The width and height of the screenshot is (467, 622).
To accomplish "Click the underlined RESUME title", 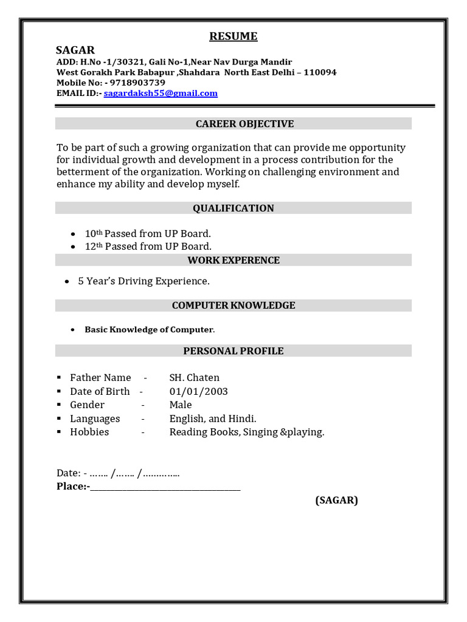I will pos(233,36).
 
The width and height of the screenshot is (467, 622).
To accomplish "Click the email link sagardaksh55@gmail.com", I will pos(161,94).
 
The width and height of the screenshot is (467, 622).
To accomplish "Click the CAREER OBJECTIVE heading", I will pos(236,124).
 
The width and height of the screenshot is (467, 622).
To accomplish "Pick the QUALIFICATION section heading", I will pos(233,208).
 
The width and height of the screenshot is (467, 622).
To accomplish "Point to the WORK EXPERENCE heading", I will pos(233,261).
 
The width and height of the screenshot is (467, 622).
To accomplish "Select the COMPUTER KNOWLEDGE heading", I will pos(233,306).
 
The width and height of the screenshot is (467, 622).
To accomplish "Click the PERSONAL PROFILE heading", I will pos(233,351).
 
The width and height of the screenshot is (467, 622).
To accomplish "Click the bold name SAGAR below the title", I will pos(75,50).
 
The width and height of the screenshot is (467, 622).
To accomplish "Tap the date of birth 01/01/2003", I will pos(199,391).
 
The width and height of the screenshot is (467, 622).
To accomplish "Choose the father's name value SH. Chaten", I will pos(195,378).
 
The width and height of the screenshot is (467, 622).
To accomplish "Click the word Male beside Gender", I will pos(181,405).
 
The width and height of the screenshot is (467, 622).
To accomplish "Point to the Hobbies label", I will pos(89,432).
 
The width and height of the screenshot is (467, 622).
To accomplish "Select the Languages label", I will pos(95,419).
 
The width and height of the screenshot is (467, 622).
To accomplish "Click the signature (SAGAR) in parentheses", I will pos(336,501).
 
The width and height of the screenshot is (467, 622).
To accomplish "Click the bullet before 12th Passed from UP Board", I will pos(74,247).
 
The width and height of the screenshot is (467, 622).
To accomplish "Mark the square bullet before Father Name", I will pos(59,378).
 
